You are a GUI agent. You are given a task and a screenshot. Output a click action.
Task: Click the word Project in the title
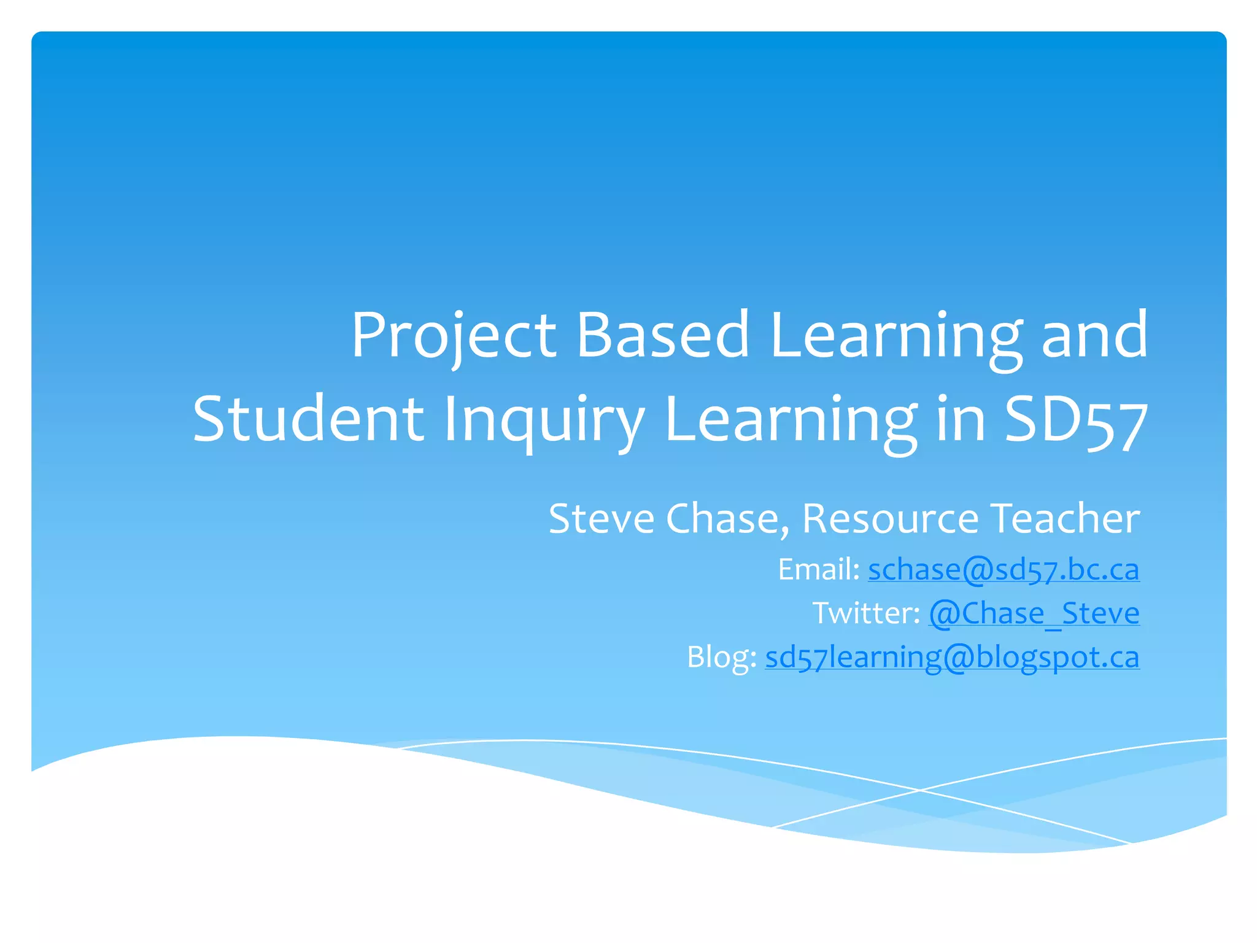click(x=453, y=336)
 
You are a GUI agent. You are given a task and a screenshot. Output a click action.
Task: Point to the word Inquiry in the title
click(x=544, y=422)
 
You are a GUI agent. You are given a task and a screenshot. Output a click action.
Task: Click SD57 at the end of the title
click(x=1076, y=421)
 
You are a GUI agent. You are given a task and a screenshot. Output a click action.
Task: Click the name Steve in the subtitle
click(x=601, y=519)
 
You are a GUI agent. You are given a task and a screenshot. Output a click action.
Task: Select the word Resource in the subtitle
click(x=891, y=519)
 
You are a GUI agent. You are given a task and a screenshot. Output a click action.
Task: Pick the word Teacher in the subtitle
click(x=1066, y=519)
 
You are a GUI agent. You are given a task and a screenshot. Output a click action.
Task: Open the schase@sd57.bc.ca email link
click(x=1004, y=570)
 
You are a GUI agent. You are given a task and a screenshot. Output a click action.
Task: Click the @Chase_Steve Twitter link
click(x=1034, y=613)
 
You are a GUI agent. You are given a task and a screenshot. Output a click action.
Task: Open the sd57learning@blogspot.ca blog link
click(x=952, y=658)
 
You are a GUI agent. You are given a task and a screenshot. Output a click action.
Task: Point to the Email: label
click(x=819, y=570)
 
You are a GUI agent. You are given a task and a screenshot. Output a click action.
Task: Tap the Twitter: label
click(x=866, y=613)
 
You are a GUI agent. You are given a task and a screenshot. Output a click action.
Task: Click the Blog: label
click(x=722, y=658)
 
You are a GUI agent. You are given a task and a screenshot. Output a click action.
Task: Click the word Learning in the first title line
click(x=896, y=336)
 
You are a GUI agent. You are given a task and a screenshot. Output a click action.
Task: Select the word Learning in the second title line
click(x=792, y=422)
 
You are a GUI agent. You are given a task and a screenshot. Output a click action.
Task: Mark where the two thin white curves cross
click(x=919, y=790)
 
